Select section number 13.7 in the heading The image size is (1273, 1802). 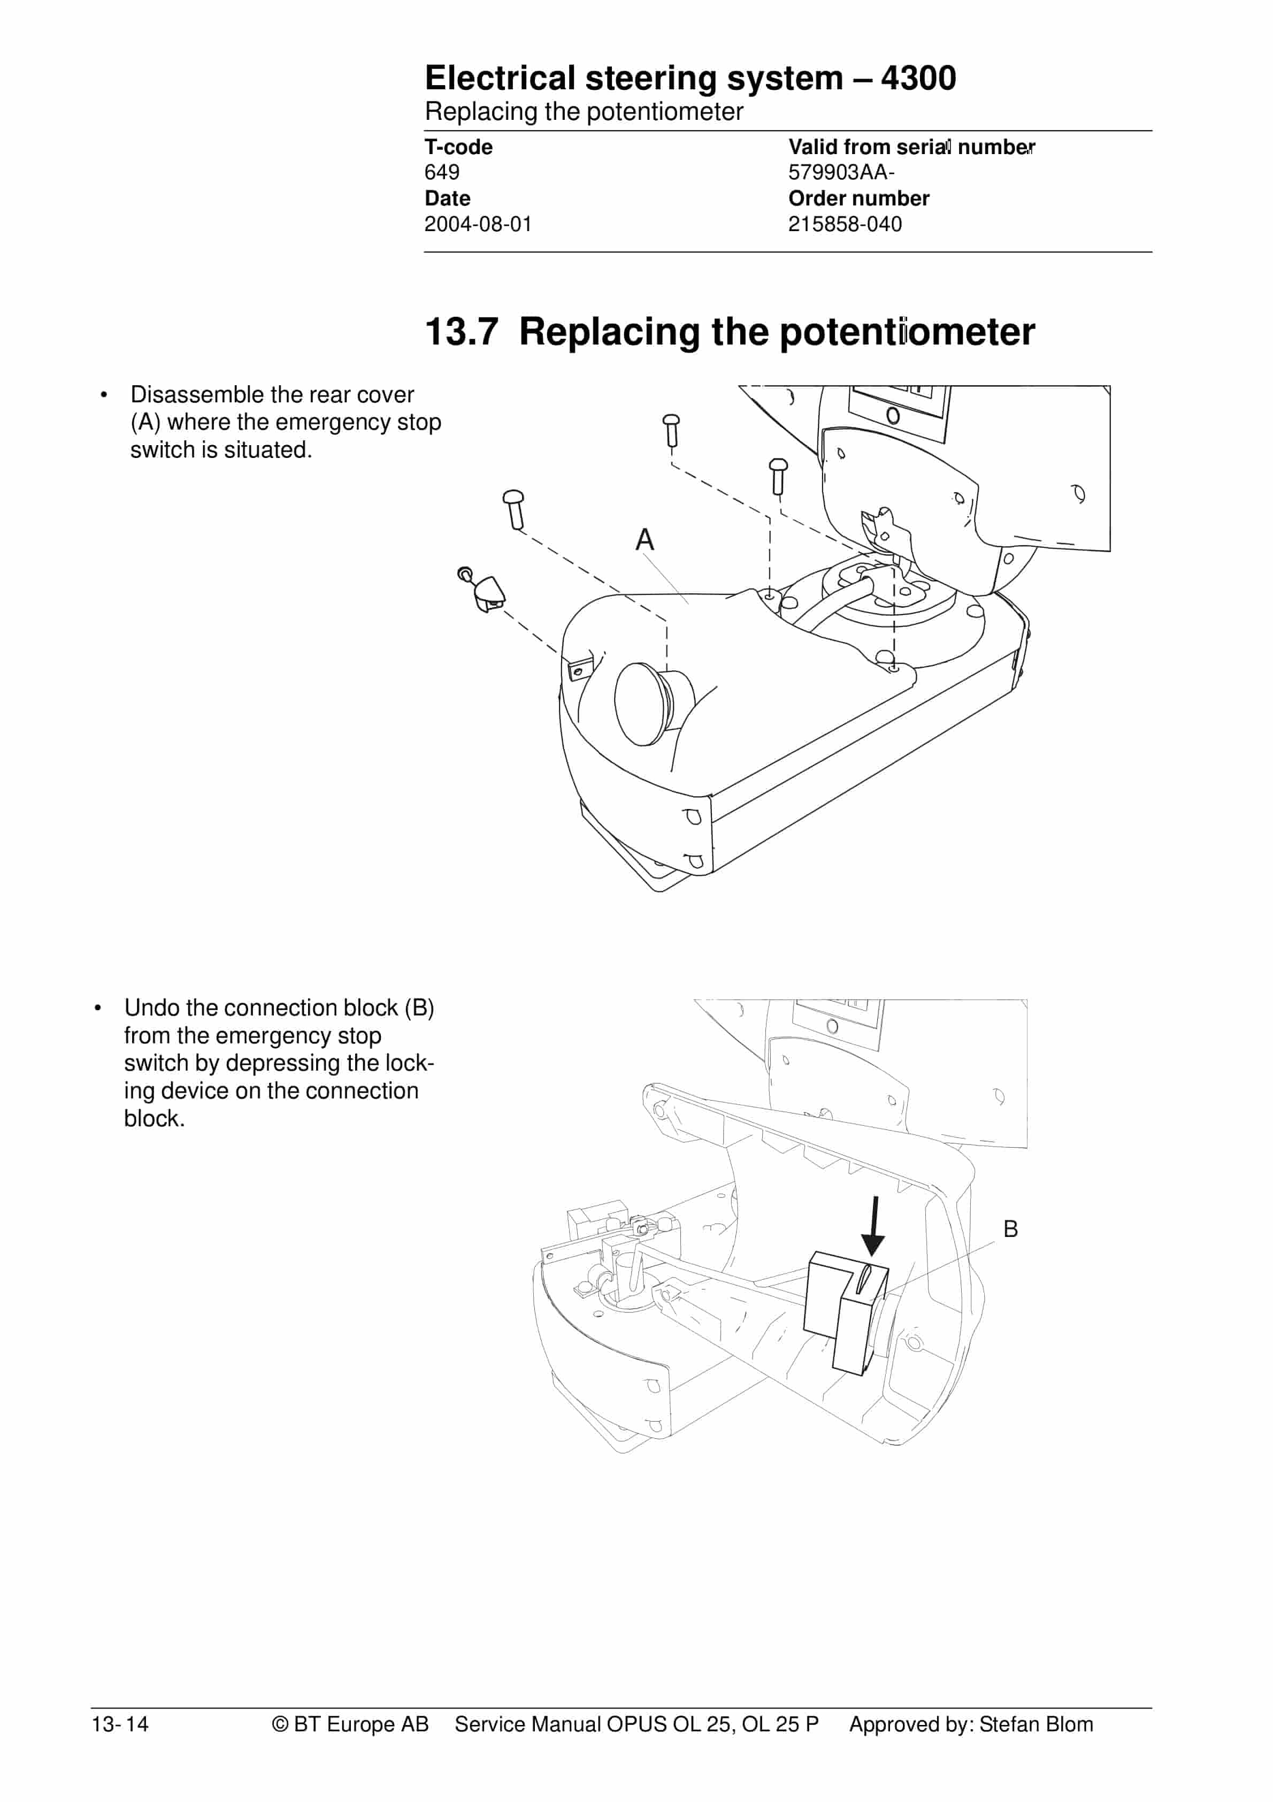462,331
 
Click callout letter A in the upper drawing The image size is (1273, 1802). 645,539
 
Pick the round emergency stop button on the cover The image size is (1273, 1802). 653,703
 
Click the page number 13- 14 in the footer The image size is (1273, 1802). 120,1724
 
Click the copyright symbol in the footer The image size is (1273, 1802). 280,1724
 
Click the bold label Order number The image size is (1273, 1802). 858,198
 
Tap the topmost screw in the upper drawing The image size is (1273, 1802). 671,430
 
